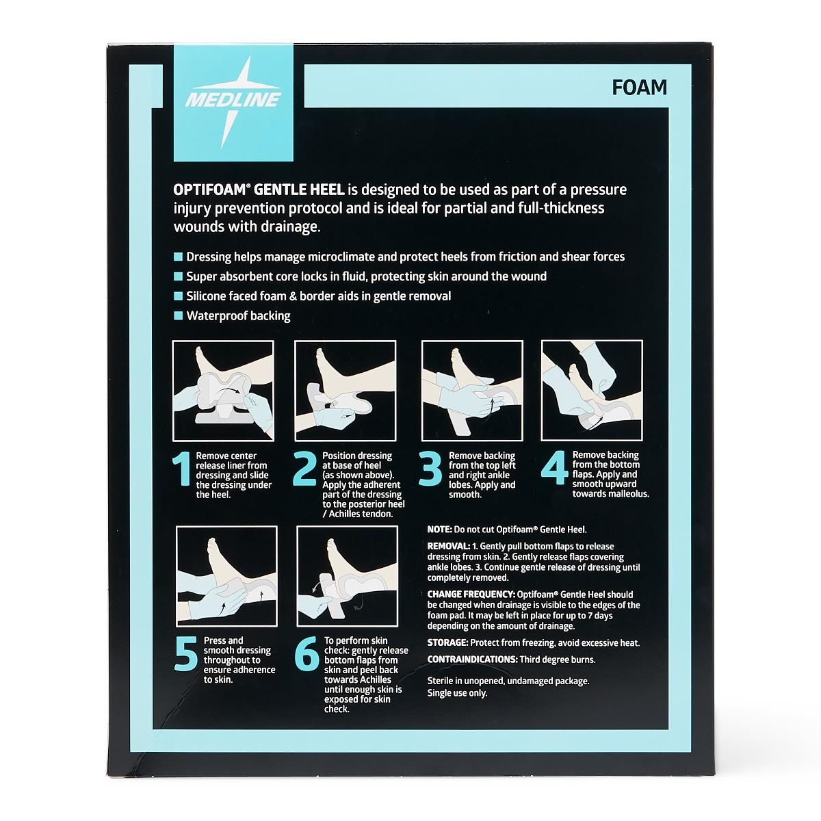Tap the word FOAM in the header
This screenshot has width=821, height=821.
[x=640, y=88]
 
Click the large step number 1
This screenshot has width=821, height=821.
[x=181, y=472]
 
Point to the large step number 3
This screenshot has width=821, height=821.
[x=431, y=472]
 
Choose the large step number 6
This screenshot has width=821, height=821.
[x=307, y=655]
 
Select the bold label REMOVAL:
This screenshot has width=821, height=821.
[x=449, y=547]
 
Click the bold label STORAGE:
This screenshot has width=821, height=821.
[x=447, y=643]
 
